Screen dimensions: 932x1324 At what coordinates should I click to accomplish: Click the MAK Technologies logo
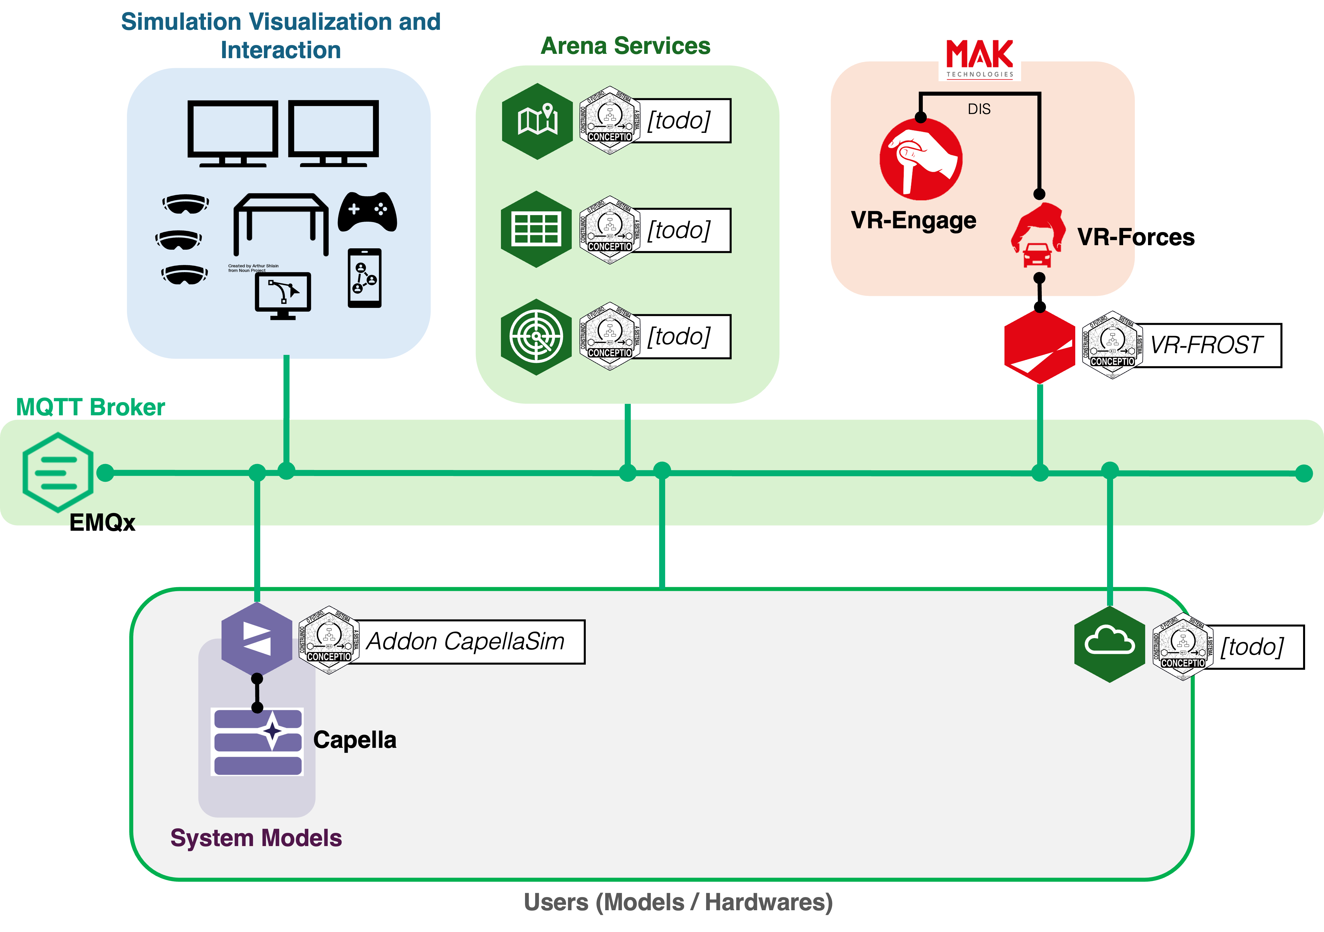[x=979, y=56]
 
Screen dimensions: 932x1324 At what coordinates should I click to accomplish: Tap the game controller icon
[x=367, y=212]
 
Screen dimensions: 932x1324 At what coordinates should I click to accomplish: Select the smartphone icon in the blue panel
[x=365, y=278]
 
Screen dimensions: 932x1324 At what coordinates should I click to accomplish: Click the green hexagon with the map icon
[x=537, y=121]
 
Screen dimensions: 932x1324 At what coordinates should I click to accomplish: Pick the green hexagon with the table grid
[x=536, y=229]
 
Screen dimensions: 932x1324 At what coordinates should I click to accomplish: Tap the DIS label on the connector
[x=979, y=109]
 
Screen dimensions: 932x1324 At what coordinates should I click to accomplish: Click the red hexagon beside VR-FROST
[x=1039, y=347]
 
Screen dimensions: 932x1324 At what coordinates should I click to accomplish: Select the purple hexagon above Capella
[x=256, y=639]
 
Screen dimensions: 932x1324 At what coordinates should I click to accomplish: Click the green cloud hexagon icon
[x=1109, y=644]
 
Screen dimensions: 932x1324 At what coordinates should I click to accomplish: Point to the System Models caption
[x=256, y=838]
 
